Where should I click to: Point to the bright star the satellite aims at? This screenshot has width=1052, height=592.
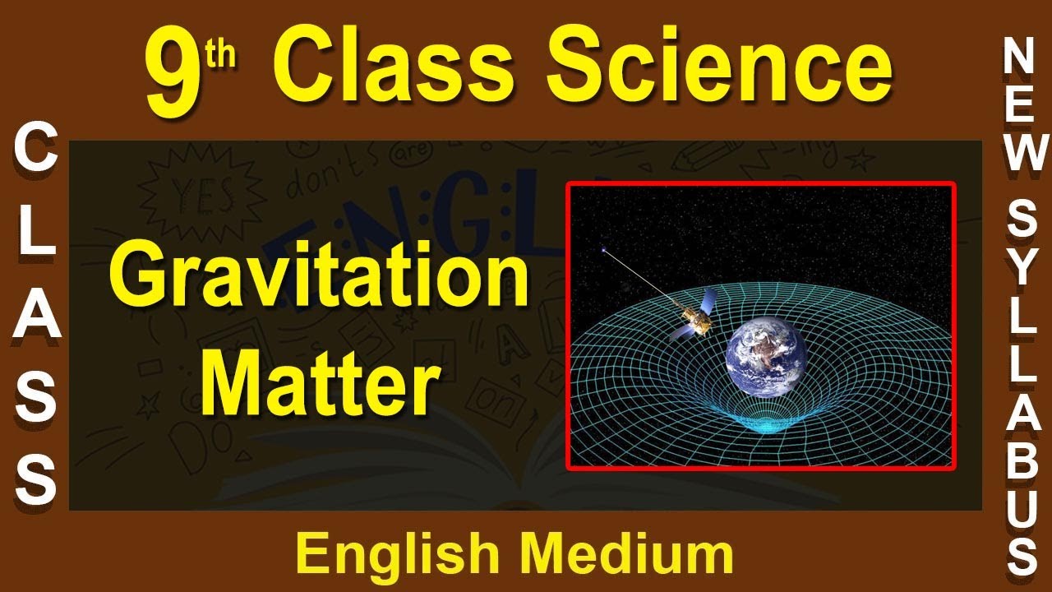604,247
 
